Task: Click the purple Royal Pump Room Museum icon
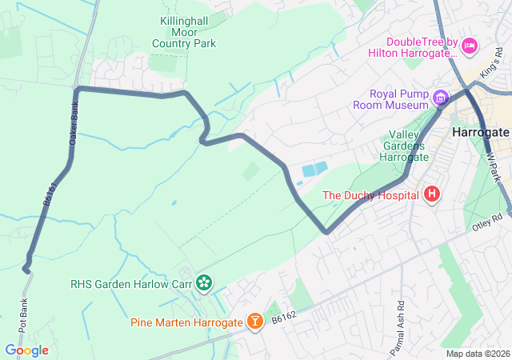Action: (x=440, y=98)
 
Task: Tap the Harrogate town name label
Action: (x=480, y=131)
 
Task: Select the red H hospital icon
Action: (x=432, y=194)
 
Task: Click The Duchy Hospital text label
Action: (x=371, y=194)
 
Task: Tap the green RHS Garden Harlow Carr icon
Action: (x=204, y=282)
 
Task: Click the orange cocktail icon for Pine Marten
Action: (x=254, y=322)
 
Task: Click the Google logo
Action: (x=26, y=350)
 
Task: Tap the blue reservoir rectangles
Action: (x=314, y=170)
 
